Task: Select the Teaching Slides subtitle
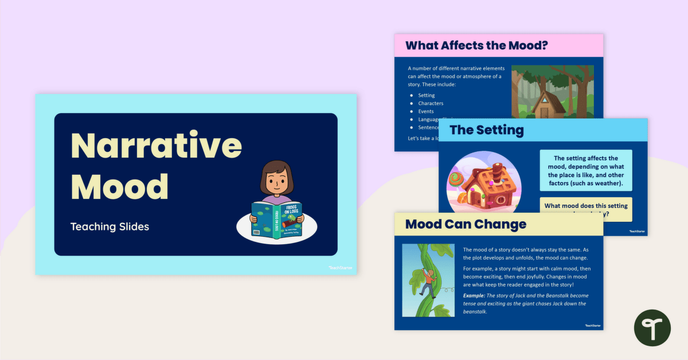tap(110, 226)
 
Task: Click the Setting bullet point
tap(427, 95)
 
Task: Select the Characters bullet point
tap(431, 103)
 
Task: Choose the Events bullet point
tap(426, 111)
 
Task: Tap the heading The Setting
tap(487, 130)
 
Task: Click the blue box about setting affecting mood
tap(585, 171)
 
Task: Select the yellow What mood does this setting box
tap(585, 208)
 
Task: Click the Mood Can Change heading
tap(466, 224)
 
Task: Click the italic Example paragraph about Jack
tap(525, 303)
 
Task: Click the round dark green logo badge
tap(652, 328)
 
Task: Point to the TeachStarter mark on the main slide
tap(341, 267)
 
